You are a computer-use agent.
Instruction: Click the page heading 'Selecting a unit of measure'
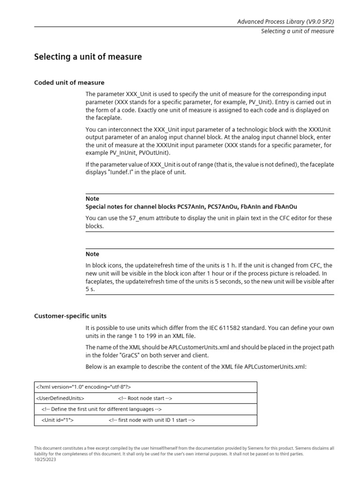pyautogui.click(x=88, y=57)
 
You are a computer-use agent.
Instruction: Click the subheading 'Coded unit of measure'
pyautogui.click(x=69, y=82)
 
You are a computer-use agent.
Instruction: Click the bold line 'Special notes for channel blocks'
pyautogui.click(x=191, y=207)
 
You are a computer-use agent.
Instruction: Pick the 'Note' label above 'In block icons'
pyautogui.click(x=92, y=254)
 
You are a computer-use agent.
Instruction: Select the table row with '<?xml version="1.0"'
pyautogui.click(x=146, y=387)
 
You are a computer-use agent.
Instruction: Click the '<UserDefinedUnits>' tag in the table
pyautogui.click(x=60, y=398)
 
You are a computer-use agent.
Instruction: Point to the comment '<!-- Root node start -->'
pyautogui.click(x=145, y=398)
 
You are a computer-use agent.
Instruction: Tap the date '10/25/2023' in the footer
pyautogui.click(x=45, y=459)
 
